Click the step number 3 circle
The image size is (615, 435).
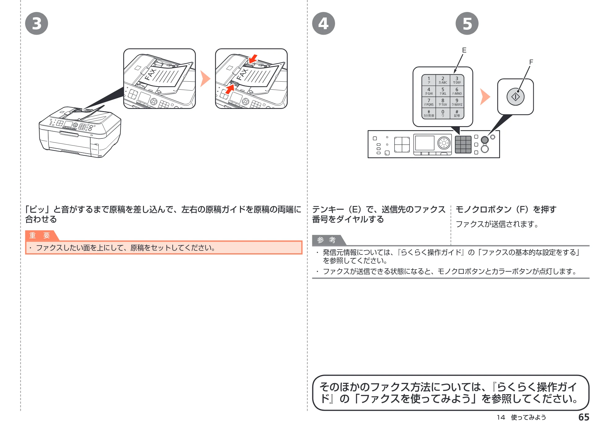point(37,24)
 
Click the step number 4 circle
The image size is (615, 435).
point(323,24)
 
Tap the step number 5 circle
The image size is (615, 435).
point(467,24)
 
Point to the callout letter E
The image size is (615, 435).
point(464,50)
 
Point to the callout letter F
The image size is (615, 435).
point(531,62)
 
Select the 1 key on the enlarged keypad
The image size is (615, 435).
point(429,80)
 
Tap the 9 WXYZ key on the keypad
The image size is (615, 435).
point(457,102)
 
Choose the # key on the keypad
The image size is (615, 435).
point(457,113)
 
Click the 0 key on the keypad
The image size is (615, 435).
point(443,113)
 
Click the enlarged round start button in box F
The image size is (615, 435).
point(515,97)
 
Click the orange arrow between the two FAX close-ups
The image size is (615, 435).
point(205,79)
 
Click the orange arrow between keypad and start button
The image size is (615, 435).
point(485,97)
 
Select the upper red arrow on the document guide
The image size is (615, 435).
point(253,59)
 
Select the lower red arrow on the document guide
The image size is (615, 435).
point(230,89)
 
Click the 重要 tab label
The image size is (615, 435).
point(40,235)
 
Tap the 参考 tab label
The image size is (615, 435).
point(326,240)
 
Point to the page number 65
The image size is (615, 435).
point(584,417)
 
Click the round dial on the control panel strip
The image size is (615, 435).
point(444,143)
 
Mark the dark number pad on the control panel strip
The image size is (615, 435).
point(463,144)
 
